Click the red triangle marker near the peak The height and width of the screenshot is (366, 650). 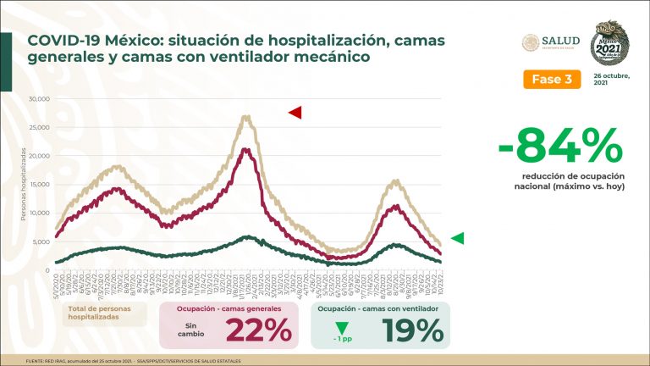pyautogui.click(x=295, y=112)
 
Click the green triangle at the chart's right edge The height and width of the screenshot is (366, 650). pyautogui.click(x=457, y=239)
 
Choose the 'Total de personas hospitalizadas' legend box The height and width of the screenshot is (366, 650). pyautogui.click(x=107, y=315)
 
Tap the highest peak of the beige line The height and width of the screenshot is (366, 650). pyautogui.click(x=246, y=117)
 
